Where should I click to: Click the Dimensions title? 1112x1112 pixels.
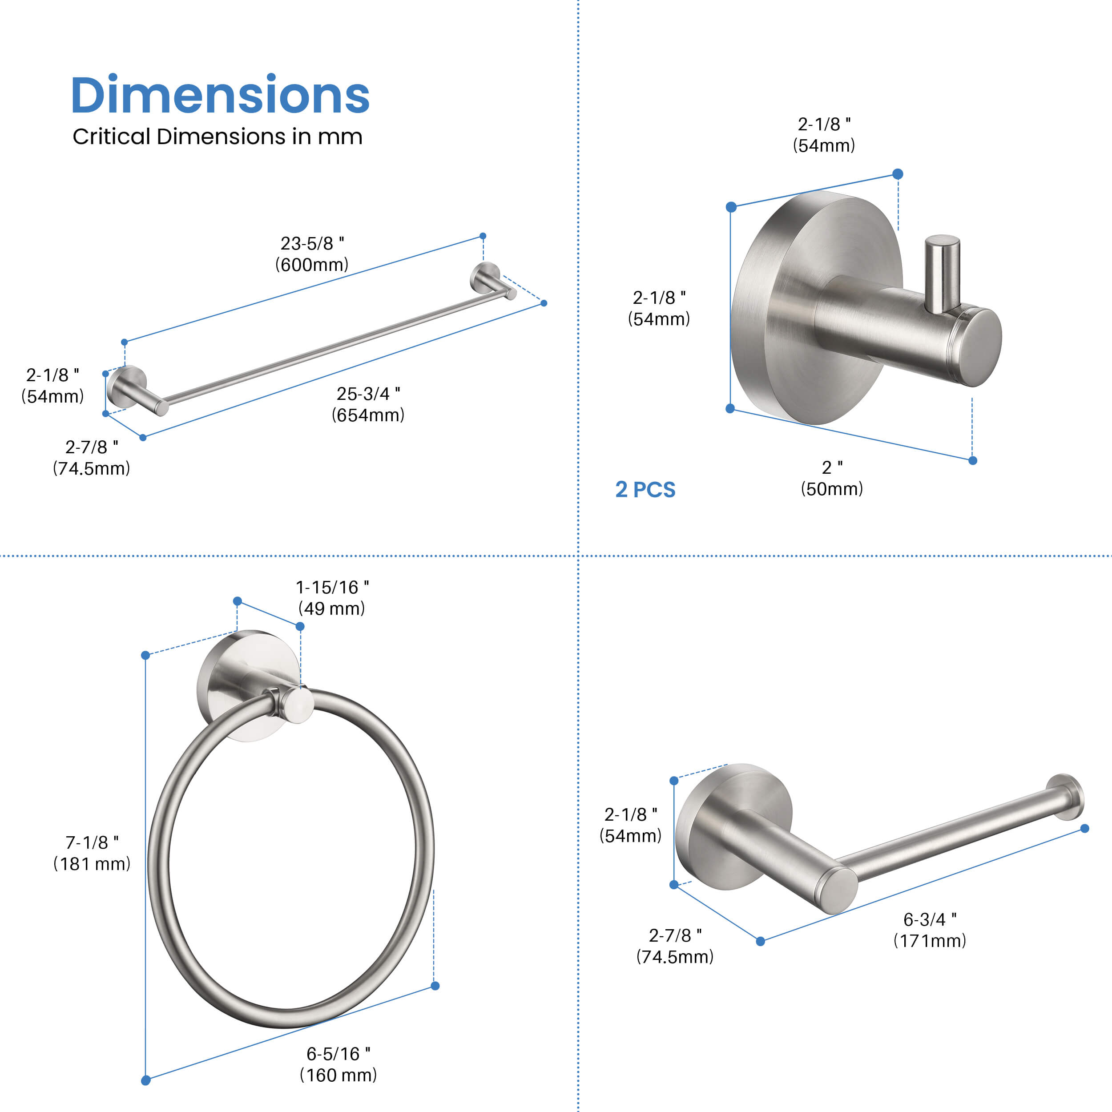[x=220, y=95]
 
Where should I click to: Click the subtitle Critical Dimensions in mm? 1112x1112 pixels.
[x=217, y=137]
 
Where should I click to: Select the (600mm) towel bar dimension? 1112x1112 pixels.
[x=311, y=265]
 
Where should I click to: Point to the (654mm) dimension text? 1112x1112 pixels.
[x=368, y=415]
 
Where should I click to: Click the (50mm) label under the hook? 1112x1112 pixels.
[x=832, y=489]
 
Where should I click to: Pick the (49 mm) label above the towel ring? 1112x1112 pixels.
[x=331, y=608]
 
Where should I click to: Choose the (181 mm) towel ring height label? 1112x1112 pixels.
[x=92, y=863]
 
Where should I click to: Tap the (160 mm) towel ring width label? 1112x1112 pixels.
[x=338, y=1075]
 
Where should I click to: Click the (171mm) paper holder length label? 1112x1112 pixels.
[x=930, y=940]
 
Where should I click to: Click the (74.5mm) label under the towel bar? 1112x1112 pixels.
[x=92, y=468]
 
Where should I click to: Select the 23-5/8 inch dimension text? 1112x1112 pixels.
[x=312, y=243]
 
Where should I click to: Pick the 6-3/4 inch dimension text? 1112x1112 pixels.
[x=930, y=919]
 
